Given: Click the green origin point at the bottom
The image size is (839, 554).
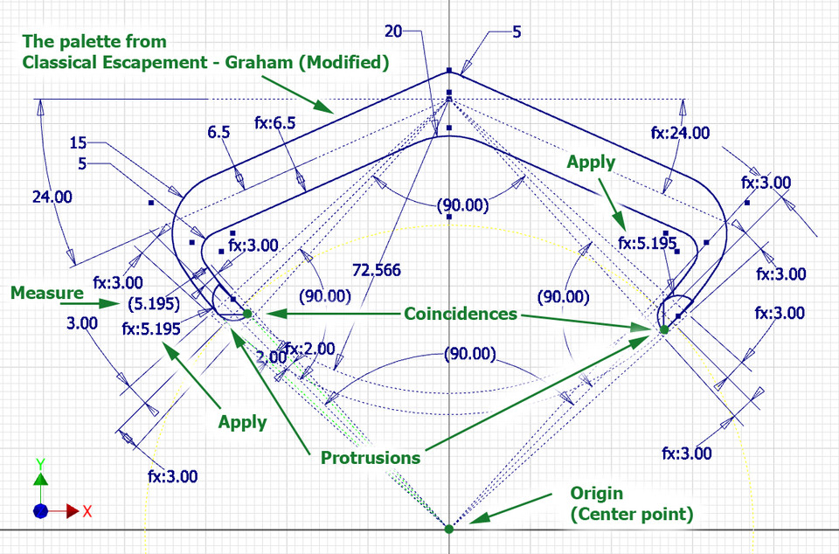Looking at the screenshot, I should pos(448,528).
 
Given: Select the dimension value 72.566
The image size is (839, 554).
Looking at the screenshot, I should pos(376,271).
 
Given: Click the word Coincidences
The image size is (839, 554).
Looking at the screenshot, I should pos(461,314).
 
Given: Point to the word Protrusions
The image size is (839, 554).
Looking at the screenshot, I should pos(369,457).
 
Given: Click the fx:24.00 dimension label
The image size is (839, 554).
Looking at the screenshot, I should pos(680,133).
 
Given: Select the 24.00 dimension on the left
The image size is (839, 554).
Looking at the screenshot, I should pos(52,197).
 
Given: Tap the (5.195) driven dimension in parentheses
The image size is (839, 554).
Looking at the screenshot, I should pos(149,304).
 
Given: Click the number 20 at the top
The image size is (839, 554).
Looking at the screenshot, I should pos(393,31).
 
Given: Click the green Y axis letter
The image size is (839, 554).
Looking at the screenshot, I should pos(40,462).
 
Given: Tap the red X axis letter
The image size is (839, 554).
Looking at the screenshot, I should pos(87,511).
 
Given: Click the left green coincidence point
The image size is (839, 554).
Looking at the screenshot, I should pos(247,313).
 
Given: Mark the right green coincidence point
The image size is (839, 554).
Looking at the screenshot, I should pos(663,329).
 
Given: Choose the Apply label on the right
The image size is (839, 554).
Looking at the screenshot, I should pos(591,162).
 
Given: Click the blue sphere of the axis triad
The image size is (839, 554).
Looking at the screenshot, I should pos(40,510).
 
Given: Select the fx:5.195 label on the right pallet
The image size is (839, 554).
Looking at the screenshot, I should pos(648,244).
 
